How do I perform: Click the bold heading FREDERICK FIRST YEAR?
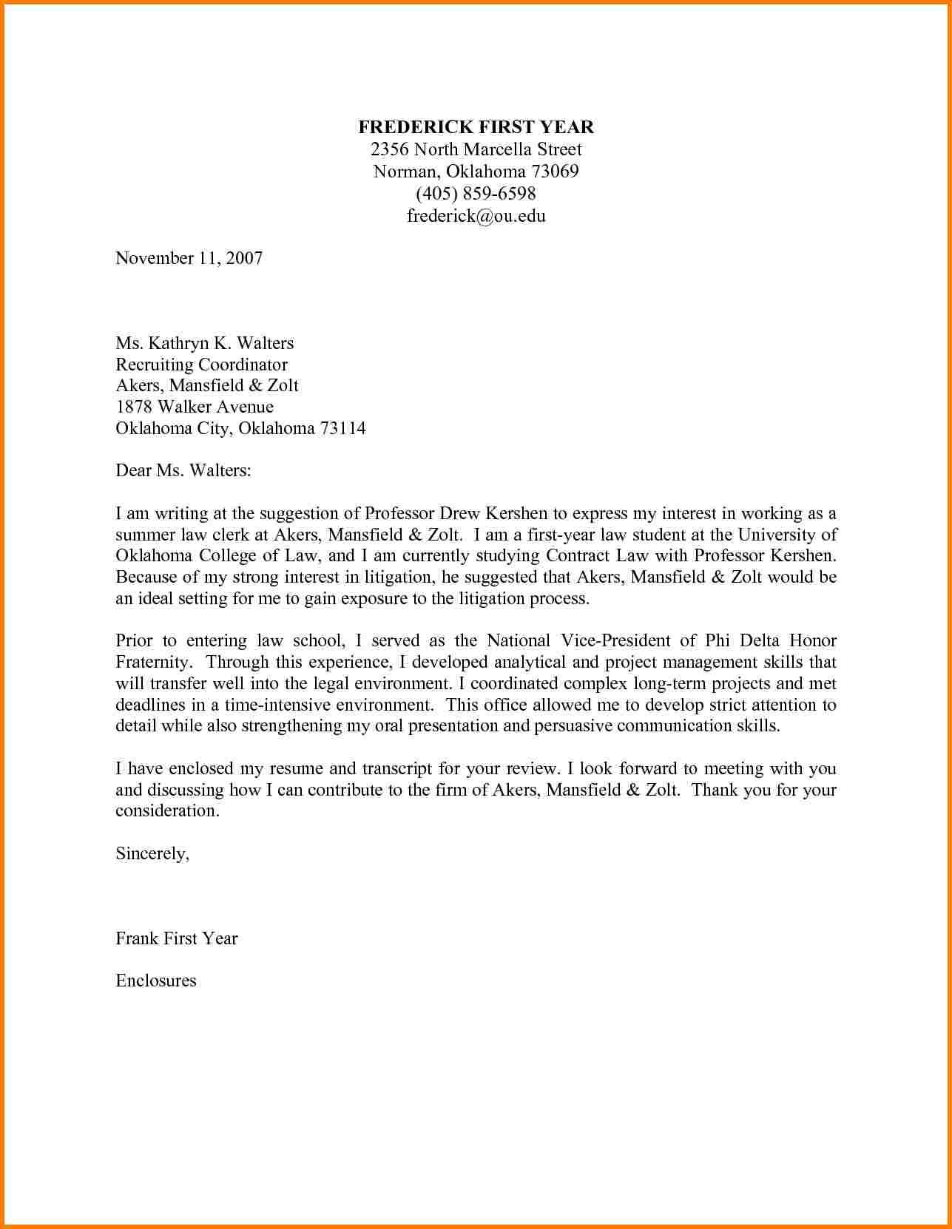pyautogui.click(x=476, y=127)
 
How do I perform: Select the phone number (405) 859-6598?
pyautogui.click(x=476, y=194)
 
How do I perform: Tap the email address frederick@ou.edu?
pyautogui.click(x=476, y=216)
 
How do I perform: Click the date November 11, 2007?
pyautogui.click(x=189, y=258)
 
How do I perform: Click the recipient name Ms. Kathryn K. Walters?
pyautogui.click(x=204, y=343)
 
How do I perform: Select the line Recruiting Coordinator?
pyautogui.click(x=201, y=365)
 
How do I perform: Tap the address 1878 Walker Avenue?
pyautogui.click(x=195, y=407)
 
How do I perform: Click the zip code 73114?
pyautogui.click(x=342, y=428)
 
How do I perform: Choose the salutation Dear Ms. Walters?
pyautogui.click(x=183, y=470)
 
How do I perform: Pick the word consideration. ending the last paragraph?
pyautogui.click(x=168, y=810)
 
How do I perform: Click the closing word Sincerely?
pyautogui.click(x=152, y=853)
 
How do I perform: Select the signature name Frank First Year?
pyautogui.click(x=177, y=938)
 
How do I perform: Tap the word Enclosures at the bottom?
pyautogui.click(x=156, y=981)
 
